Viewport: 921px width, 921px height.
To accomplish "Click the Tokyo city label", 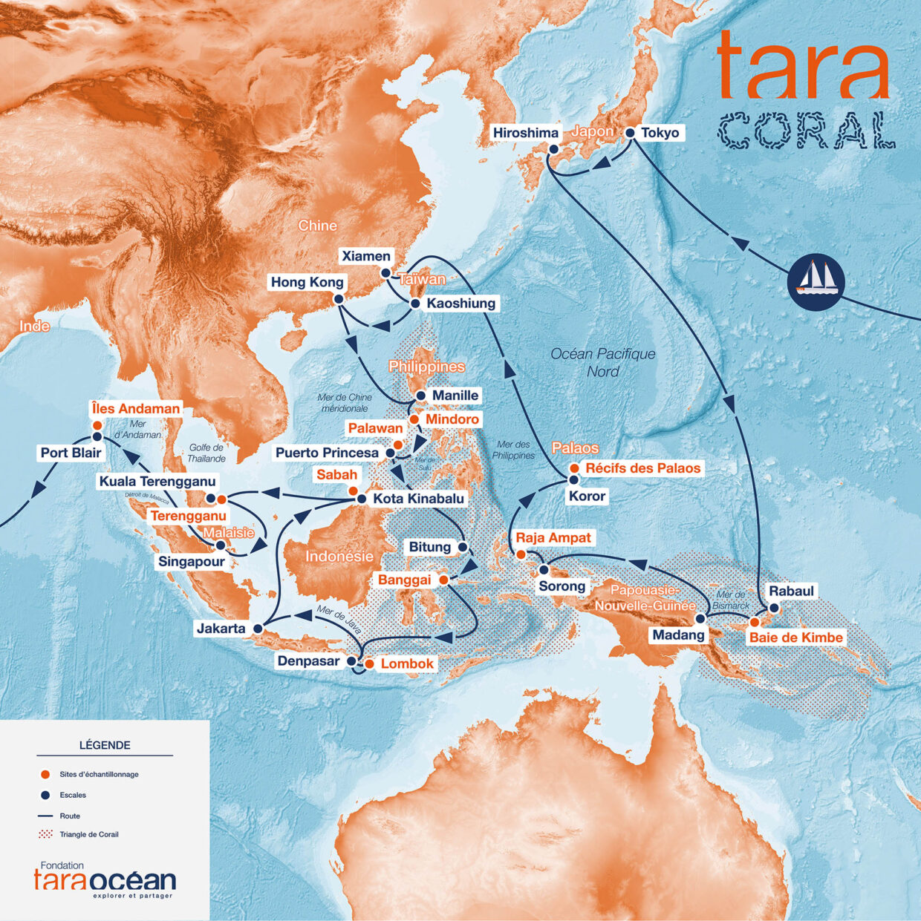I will tap(660, 133).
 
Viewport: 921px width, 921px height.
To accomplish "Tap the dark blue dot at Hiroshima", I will tap(553, 149).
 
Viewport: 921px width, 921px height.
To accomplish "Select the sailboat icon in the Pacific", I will tap(816, 281).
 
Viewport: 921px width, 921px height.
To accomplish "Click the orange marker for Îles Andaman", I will tap(97, 425).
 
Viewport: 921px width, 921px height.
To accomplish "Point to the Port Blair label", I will tap(71, 453).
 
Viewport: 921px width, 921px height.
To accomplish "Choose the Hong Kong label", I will tap(307, 282).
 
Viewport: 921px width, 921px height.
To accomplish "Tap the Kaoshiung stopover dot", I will tap(415, 304).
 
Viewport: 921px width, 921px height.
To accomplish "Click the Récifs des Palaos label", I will tap(642, 468).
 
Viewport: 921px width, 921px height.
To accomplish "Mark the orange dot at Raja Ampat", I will tap(521, 554).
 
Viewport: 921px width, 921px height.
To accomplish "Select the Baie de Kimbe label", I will tap(795, 638).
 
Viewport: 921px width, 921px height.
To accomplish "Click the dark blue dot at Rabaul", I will tap(774, 608).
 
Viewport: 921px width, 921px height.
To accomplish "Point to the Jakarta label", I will tap(221, 629).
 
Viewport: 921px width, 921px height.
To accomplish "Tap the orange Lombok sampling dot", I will tap(369, 663).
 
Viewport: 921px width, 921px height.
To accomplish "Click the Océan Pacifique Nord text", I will tap(603, 362).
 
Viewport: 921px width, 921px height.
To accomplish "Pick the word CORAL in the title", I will tap(806, 131).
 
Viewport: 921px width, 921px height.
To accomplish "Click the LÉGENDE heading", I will tap(105, 745).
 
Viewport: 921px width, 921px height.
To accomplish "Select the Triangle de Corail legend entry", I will tap(88, 834).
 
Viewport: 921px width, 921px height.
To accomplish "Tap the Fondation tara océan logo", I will tap(105, 879).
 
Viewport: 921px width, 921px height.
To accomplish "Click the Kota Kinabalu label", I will tap(418, 498).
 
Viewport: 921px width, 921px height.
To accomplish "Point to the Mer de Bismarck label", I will tap(731, 600).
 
